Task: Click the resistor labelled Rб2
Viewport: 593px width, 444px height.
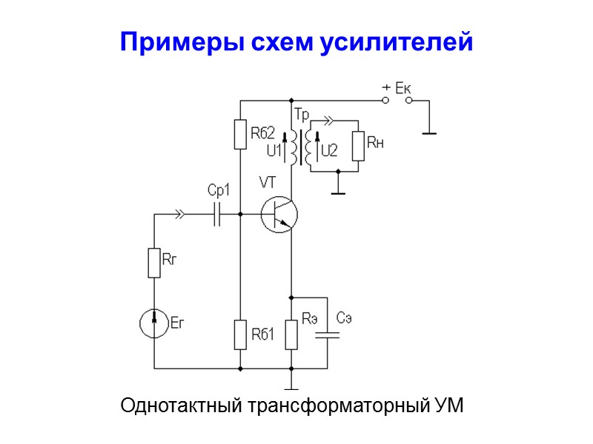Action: [x=240, y=134]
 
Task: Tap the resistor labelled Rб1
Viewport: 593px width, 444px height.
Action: [x=240, y=334]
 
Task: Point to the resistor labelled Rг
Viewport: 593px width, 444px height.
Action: [x=153, y=263]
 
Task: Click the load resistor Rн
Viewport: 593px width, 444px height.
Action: [x=359, y=146]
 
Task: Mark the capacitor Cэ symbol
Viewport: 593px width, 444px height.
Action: [x=327, y=334]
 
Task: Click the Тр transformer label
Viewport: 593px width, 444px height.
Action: [x=302, y=115]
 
